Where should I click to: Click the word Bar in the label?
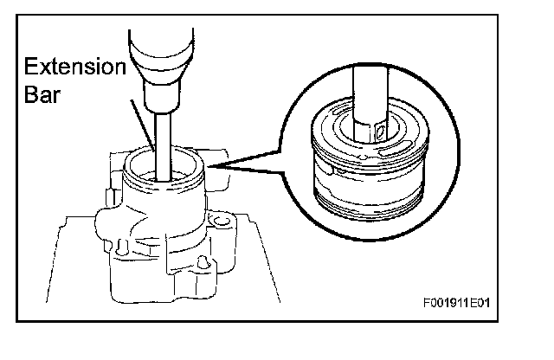pyautogui.click(x=40, y=93)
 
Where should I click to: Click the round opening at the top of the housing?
pyautogui.click(x=164, y=170)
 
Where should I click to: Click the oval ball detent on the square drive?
pyautogui.click(x=380, y=132)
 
